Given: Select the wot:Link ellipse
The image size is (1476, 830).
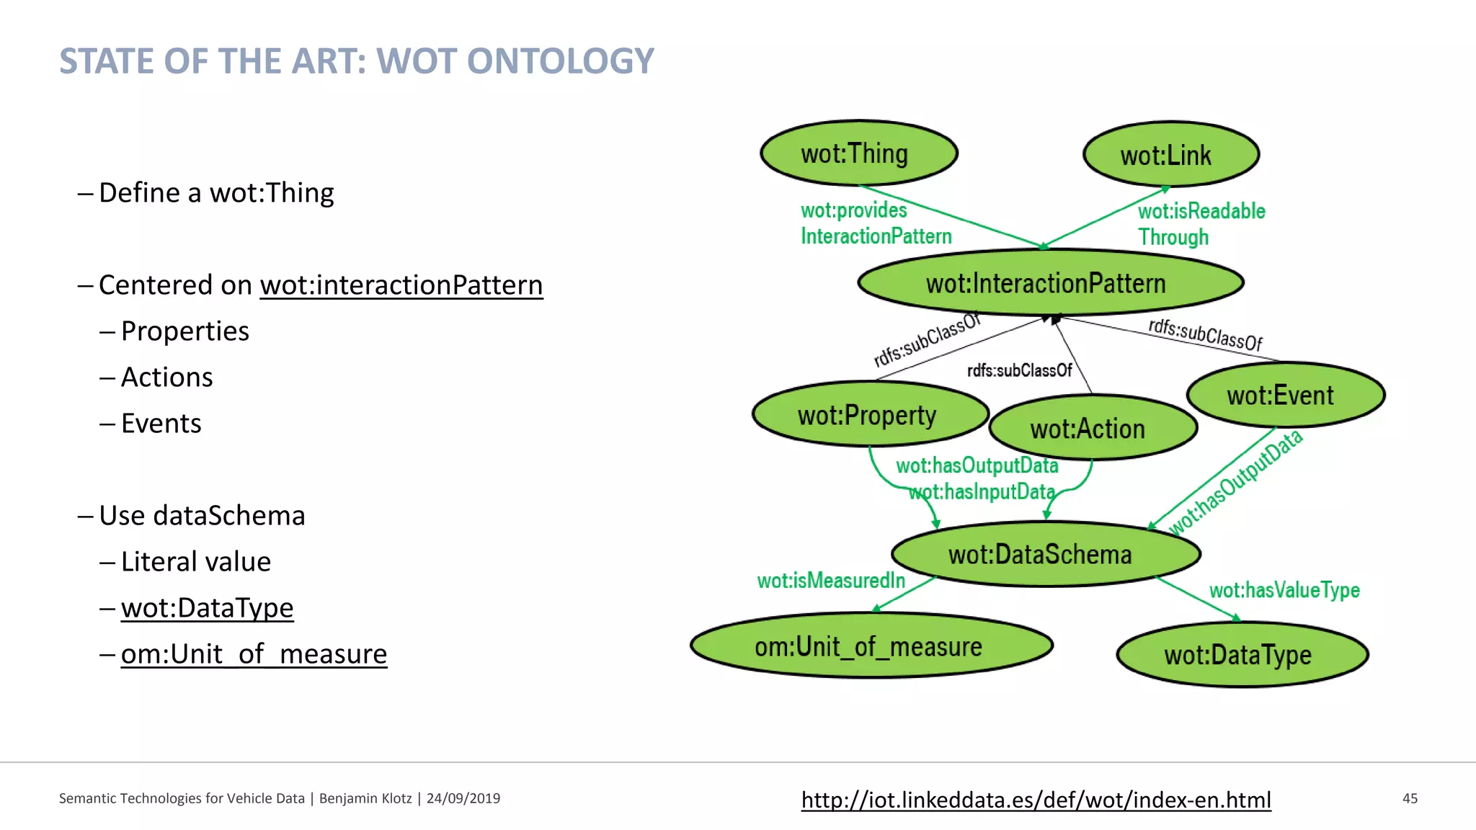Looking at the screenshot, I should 1171,155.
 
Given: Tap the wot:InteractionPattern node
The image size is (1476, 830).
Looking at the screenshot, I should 1050,283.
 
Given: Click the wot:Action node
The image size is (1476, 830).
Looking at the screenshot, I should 1093,429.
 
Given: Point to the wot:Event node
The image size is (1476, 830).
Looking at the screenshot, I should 1285,396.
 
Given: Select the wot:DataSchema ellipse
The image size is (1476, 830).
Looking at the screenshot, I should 1046,554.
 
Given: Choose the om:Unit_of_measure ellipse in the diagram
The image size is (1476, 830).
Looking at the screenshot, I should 871,646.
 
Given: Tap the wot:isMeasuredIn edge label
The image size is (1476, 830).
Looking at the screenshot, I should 831,581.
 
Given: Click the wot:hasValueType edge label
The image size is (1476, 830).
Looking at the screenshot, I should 1284,591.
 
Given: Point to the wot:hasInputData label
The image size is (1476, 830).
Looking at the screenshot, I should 982,492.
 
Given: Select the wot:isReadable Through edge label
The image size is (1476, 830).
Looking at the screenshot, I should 1201,224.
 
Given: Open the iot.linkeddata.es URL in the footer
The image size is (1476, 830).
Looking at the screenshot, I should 1036,800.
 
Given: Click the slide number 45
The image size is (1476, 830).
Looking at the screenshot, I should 1410,798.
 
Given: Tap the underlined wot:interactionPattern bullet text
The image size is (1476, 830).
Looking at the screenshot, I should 401,285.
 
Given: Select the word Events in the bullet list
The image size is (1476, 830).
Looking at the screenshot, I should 161,424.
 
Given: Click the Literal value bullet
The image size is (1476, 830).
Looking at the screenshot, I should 195,562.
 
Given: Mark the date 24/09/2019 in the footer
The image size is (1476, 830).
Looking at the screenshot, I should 463,798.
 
